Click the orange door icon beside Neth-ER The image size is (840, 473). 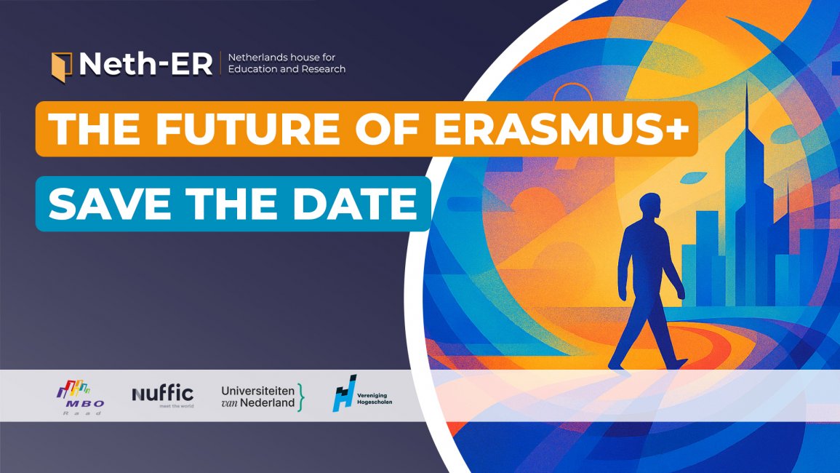coord(61,65)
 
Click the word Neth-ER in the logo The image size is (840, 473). coord(145,64)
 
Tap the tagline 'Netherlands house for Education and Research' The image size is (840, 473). coord(287,63)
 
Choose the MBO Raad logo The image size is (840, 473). coord(80,397)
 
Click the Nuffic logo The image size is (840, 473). coord(163,395)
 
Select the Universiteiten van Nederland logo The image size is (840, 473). coord(263,396)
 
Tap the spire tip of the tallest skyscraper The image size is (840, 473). coord(746,87)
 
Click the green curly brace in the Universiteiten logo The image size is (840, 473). coord(301,397)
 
